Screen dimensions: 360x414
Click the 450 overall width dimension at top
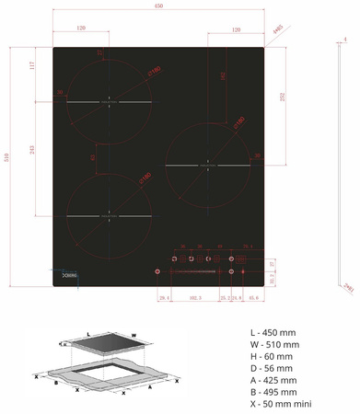click(158, 7)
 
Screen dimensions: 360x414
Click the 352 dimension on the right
click(283, 95)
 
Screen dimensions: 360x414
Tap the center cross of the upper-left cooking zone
click(109, 100)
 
